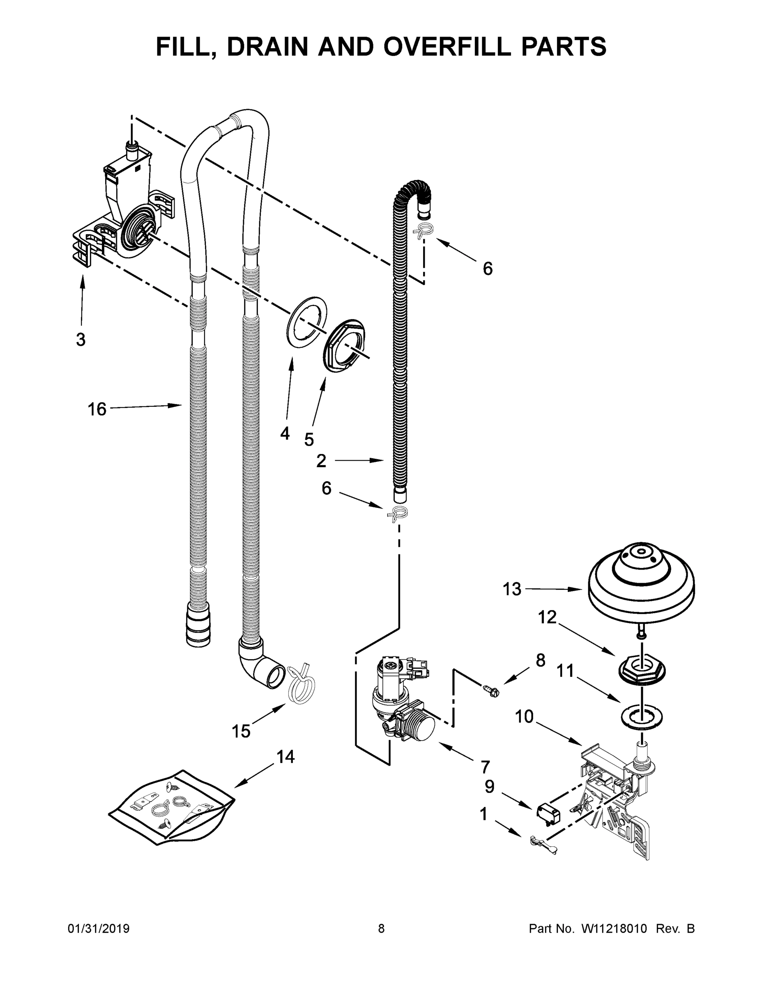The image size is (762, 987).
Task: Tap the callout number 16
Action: click(x=97, y=410)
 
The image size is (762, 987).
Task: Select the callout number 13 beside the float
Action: click(x=512, y=589)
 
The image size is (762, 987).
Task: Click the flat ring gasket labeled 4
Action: click(x=306, y=322)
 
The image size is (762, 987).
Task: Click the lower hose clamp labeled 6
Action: click(x=397, y=513)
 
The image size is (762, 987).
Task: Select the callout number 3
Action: click(x=81, y=339)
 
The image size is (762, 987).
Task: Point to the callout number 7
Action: click(x=485, y=767)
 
